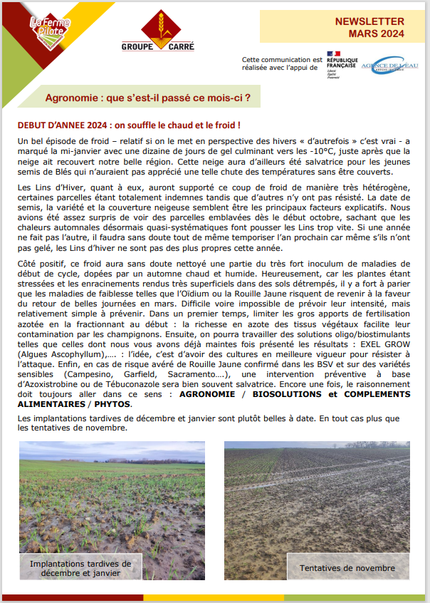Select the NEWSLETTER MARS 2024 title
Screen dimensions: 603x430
(x=369, y=27)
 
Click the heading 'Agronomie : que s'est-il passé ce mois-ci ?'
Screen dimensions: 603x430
(x=147, y=96)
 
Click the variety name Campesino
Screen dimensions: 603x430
(x=88, y=373)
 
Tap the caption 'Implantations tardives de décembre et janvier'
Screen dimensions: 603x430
(x=80, y=568)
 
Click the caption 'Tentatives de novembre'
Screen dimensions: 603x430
(x=347, y=568)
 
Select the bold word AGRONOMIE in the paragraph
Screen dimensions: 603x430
(x=210, y=394)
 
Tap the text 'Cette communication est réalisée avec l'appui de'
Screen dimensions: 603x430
(x=282, y=64)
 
